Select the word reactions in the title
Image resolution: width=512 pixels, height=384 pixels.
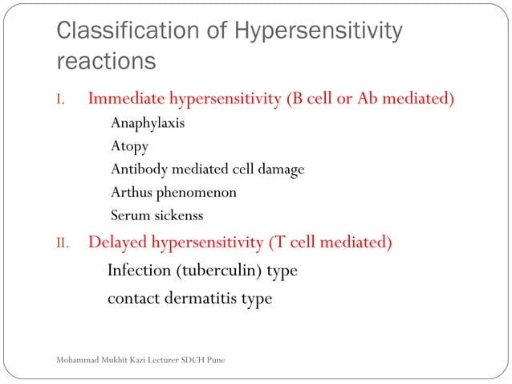[106, 62]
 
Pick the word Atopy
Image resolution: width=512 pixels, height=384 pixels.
[129, 147]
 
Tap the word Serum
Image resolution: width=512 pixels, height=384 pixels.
[129, 214]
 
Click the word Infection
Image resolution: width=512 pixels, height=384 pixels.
[138, 270]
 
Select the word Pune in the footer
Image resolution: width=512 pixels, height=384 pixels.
[214, 359]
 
